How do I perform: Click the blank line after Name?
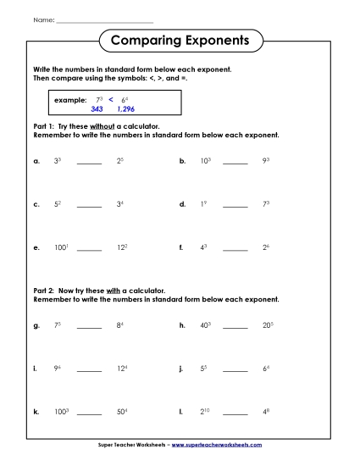click(103, 19)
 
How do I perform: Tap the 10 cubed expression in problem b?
click(203, 159)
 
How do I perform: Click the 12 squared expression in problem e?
click(121, 248)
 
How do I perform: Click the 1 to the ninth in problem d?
click(203, 204)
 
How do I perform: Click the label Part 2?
click(43, 291)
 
